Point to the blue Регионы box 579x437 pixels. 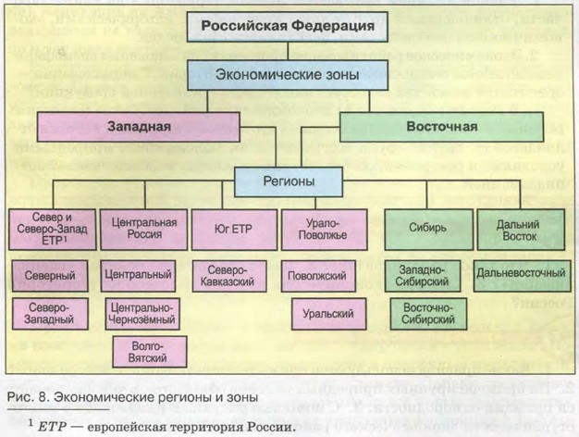(x=287, y=181)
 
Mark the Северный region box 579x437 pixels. (x=50, y=275)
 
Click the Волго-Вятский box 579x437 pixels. (x=137, y=352)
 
